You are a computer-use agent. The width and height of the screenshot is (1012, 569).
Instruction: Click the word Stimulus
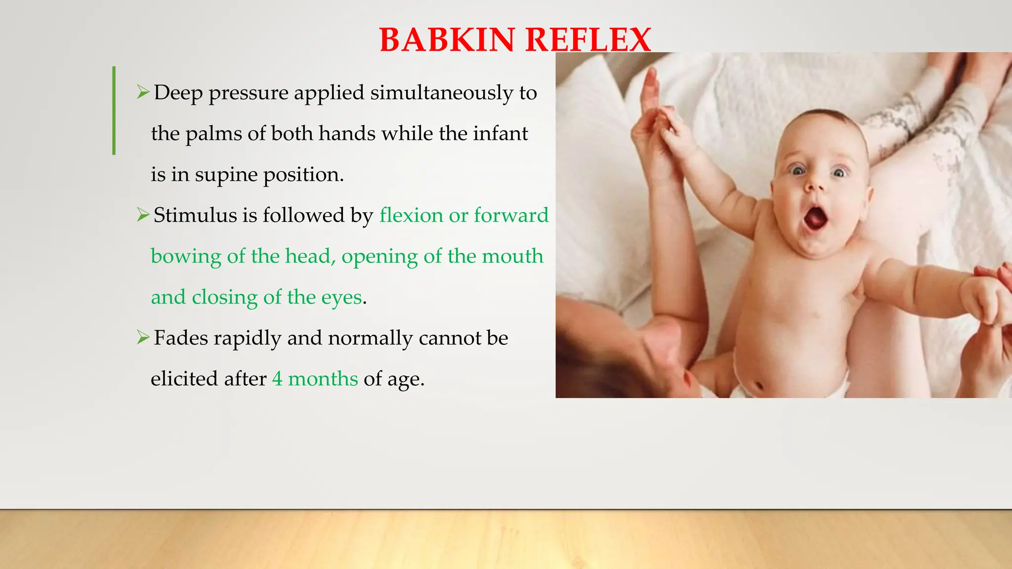coord(195,215)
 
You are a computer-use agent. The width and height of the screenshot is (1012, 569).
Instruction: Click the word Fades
coord(181,338)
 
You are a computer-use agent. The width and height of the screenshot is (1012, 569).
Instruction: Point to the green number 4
coord(278,379)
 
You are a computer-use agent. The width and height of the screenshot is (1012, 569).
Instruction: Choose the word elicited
coord(184,379)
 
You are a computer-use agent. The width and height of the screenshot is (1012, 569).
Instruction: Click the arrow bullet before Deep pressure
coord(143,92)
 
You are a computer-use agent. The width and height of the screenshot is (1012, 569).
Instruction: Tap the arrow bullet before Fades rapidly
coord(143,337)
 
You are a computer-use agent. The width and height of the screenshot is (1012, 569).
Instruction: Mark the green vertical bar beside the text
coord(114,111)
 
